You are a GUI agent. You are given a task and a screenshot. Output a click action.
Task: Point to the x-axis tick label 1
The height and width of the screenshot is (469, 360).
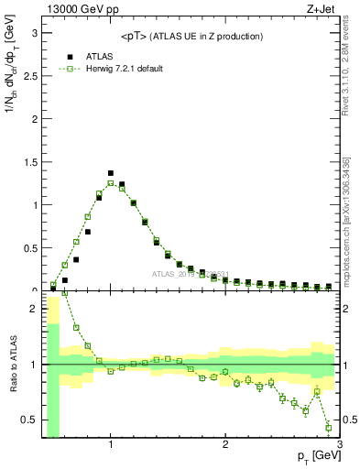click(111, 447)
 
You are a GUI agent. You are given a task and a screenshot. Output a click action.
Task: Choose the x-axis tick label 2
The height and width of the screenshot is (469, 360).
click(225, 447)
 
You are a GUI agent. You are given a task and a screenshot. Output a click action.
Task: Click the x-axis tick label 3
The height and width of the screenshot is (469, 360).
click(339, 447)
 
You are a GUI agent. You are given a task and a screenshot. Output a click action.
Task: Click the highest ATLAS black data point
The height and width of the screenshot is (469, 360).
click(111, 173)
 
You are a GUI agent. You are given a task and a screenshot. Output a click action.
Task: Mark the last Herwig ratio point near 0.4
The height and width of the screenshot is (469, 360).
click(329, 428)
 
